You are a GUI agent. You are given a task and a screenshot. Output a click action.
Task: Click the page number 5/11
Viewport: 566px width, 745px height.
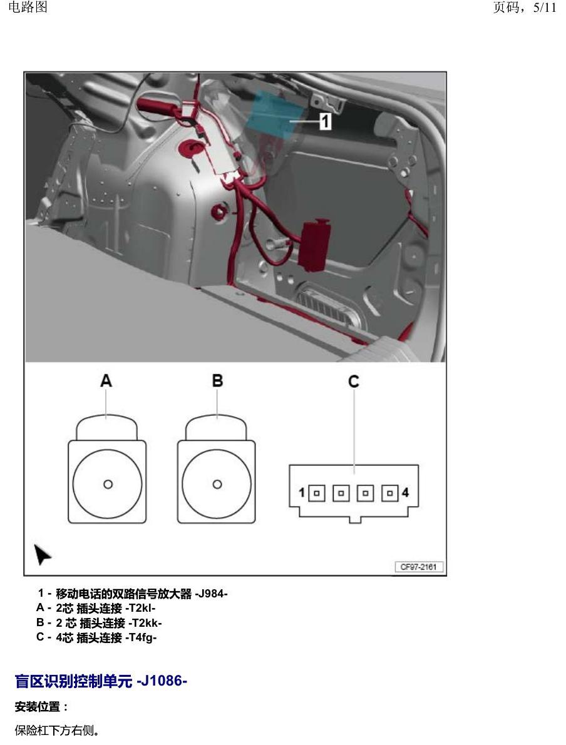(545, 8)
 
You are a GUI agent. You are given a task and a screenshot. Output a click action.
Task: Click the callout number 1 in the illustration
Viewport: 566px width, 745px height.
(325, 121)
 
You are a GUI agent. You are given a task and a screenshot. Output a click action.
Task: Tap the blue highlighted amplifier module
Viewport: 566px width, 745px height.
(276, 113)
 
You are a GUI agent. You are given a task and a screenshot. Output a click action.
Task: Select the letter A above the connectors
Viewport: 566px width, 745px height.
(106, 380)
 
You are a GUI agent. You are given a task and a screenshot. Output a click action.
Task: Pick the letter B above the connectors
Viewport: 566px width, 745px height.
(217, 380)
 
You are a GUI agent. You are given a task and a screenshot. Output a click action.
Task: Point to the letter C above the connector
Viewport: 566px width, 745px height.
(353, 382)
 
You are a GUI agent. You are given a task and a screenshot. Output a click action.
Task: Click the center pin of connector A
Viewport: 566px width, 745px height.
(108, 484)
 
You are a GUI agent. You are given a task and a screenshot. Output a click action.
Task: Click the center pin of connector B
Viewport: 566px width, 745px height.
(217, 484)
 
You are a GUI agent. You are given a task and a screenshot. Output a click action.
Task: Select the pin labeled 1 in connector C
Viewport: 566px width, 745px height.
(317, 493)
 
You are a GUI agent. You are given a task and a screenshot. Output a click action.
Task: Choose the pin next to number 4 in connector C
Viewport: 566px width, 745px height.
(389, 493)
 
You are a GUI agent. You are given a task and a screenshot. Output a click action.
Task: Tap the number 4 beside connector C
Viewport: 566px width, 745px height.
(405, 493)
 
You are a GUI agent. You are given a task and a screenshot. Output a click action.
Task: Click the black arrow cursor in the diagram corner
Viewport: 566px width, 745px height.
(42, 554)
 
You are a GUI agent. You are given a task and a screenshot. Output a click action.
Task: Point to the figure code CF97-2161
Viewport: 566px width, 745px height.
(419, 567)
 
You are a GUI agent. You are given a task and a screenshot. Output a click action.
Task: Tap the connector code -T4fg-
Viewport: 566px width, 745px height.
(141, 637)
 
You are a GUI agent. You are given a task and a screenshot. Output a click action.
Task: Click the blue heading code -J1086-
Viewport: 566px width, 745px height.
(162, 681)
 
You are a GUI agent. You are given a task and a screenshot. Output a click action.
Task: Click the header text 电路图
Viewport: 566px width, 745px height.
(28, 7)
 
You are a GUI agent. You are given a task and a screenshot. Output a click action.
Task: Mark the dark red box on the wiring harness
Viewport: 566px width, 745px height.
(314, 246)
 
